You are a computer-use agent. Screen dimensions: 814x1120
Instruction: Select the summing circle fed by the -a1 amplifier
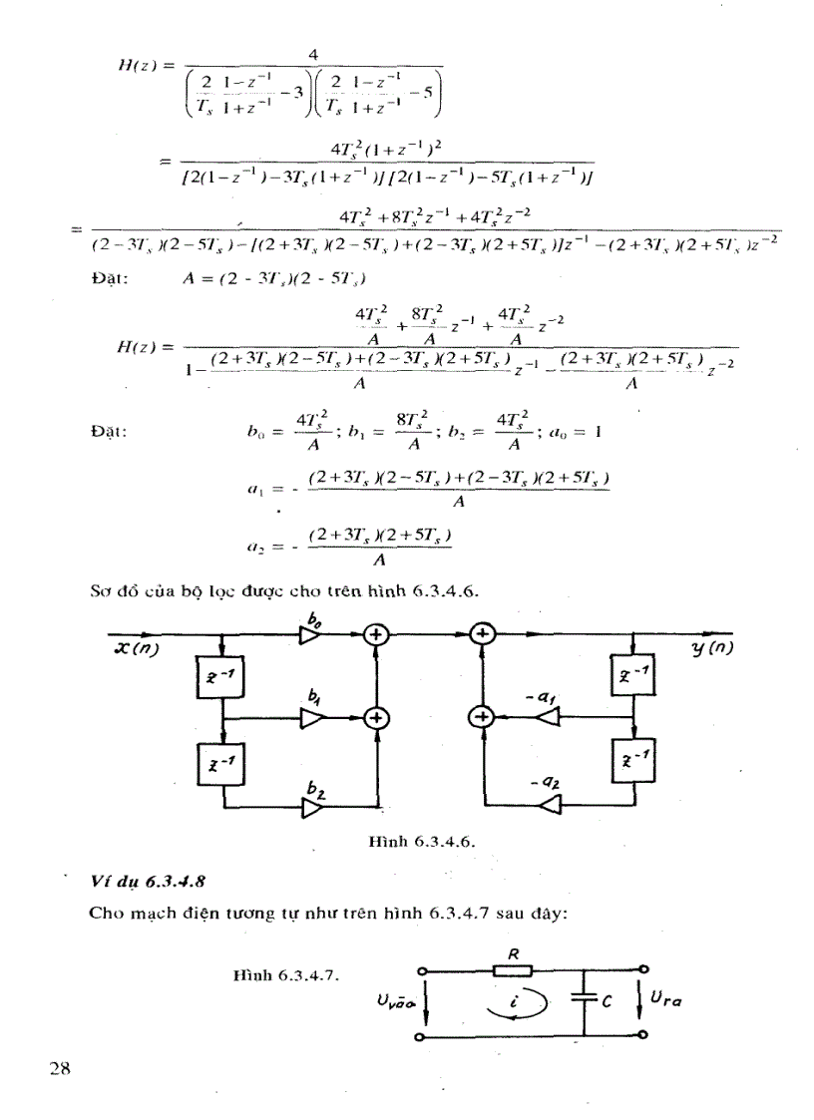(x=482, y=715)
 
